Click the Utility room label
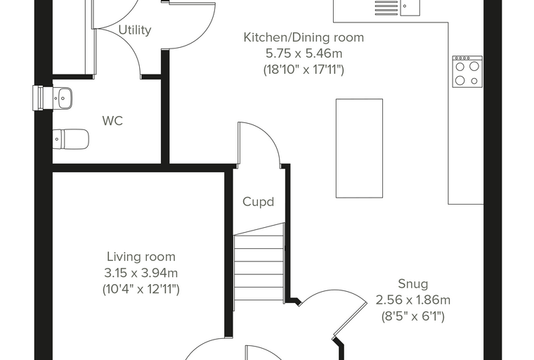click(x=135, y=30)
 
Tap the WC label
click(x=112, y=121)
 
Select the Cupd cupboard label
click(x=258, y=202)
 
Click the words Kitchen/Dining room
click(x=304, y=37)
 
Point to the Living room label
click(x=141, y=257)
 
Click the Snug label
click(x=412, y=283)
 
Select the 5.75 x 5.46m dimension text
click(x=304, y=53)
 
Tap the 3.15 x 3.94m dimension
click(x=141, y=273)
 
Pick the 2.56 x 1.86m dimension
click(x=412, y=300)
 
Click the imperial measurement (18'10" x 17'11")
click(x=304, y=70)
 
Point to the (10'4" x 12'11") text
click(x=141, y=289)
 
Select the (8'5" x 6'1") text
click(x=412, y=316)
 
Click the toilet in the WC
click(x=71, y=139)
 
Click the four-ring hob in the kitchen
click(x=467, y=72)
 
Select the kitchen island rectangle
click(x=359, y=148)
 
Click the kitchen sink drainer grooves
click(x=386, y=8)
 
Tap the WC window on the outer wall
click(x=38, y=98)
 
